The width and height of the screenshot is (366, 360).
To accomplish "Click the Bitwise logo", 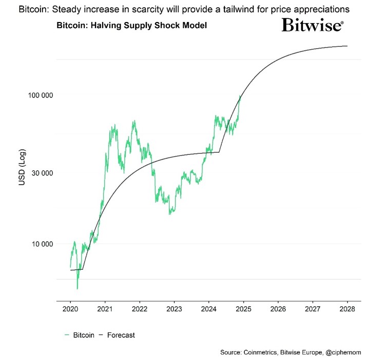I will tap(312, 25).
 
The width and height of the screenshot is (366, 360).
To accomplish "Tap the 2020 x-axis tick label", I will tap(71, 310).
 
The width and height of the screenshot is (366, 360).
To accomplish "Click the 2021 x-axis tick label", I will tap(105, 310).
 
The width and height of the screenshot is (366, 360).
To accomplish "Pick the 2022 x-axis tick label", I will tap(140, 310).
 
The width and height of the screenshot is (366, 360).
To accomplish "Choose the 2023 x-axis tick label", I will tap(174, 310).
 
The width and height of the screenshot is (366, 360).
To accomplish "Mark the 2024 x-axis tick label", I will tap(209, 310).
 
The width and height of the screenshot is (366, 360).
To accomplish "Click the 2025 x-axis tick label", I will tap(243, 310).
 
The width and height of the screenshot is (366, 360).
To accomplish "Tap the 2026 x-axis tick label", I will tap(278, 310).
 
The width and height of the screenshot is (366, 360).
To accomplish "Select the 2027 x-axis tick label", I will tap(312, 310).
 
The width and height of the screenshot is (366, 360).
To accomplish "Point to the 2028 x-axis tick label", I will tap(347, 310).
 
